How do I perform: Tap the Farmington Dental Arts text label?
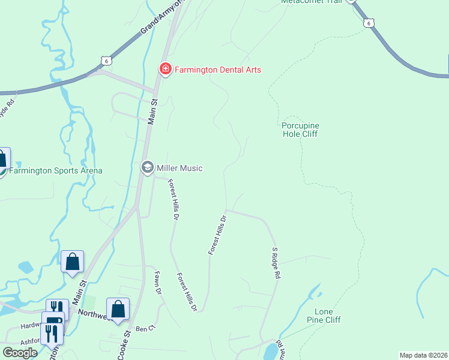click(218, 70)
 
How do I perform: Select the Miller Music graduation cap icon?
click(147, 168)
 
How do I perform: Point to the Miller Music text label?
click(179, 169)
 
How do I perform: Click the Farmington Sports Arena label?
click(56, 170)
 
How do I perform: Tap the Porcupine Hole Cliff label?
click(300, 130)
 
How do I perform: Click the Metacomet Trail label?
click(312, 2)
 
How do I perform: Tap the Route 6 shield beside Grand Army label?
click(106, 61)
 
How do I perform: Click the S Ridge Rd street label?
click(276, 262)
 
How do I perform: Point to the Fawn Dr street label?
click(159, 283)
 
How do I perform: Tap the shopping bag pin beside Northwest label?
click(118, 309)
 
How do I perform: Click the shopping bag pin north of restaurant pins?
click(72, 262)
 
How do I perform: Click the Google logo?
click(20, 352)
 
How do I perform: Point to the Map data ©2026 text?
click(423, 355)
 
